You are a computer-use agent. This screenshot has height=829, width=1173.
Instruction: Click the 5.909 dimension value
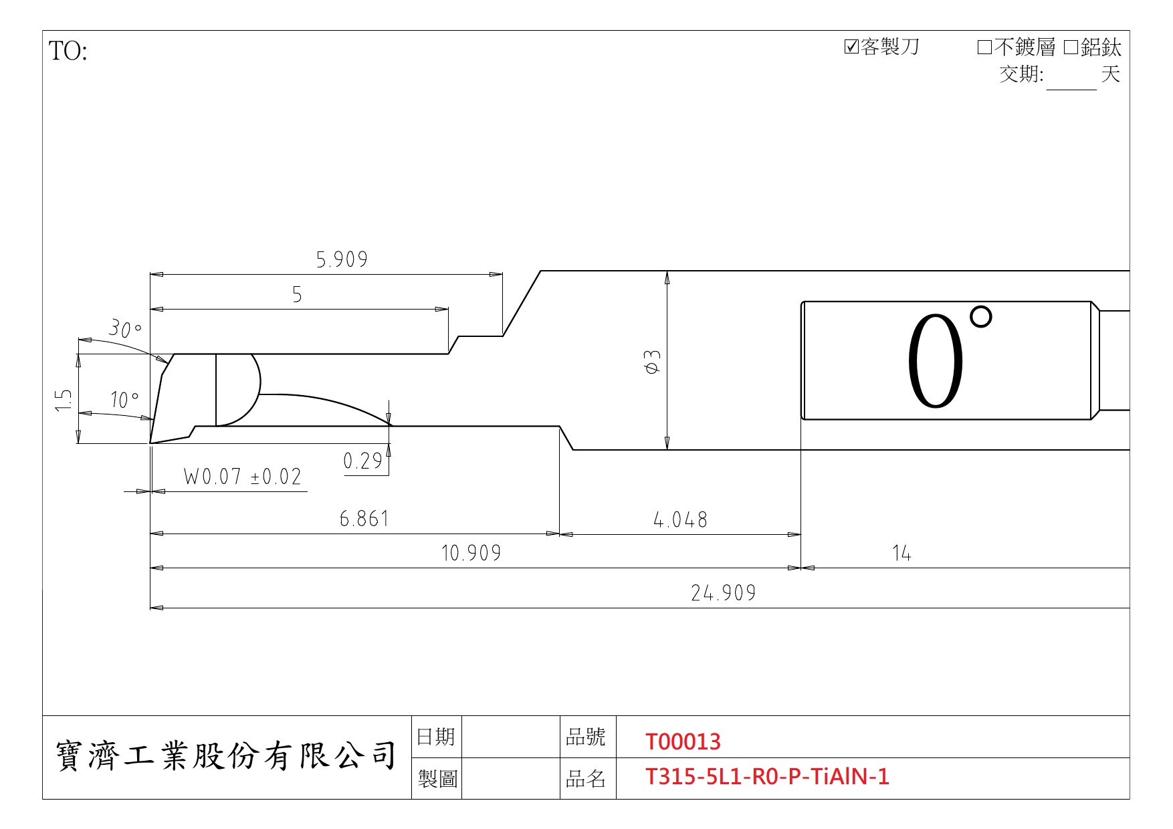pyautogui.click(x=342, y=259)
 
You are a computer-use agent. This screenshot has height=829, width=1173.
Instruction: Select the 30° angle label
pyautogui.click(x=126, y=328)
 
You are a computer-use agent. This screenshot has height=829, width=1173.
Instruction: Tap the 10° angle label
pyautogui.click(x=125, y=400)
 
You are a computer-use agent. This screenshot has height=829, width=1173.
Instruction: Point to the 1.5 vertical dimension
pyautogui.click(x=64, y=400)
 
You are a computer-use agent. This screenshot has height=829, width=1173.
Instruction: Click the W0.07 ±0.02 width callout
pyautogui.click(x=242, y=477)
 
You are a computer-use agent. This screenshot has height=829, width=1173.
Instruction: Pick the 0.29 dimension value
pyautogui.click(x=362, y=461)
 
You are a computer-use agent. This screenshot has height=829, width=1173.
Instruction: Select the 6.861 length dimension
pyautogui.click(x=364, y=519)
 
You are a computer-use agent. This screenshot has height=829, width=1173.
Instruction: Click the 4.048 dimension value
pyautogui.click(x=680, y=519)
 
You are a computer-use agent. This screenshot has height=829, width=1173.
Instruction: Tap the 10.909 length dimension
pyautogui.click(x=471, y=553)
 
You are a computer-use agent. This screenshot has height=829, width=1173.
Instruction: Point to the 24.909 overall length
pyautogui.click(x=724, y=593)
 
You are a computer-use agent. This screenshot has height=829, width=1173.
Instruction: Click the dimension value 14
pyautogui.click(x=901, y=553)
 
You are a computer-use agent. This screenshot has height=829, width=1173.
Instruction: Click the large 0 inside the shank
pyautogui.click(x=936, y=361)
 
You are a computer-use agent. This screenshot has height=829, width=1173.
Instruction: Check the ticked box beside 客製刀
pyautogui.click(x=851, y=47)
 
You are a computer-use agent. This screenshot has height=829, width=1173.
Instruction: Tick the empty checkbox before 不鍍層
pyautogui.click(x=984, y=47)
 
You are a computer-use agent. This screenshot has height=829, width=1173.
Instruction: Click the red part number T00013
pyautogui.click(x=683, y=741)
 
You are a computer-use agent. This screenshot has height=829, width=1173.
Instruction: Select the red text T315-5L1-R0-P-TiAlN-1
pyautogui.click(x=767, y=776)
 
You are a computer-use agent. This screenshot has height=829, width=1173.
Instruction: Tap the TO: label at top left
pyautogui.click(x=68, y=51)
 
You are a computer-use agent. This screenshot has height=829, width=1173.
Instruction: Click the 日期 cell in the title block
pyautogui.click(x=435, y=737)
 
